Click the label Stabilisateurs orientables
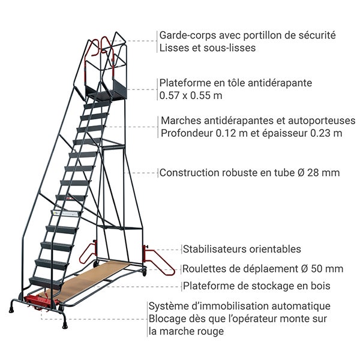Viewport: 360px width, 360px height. [x=242, y=249]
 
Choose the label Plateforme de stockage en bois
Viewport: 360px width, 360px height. [x=257, y=286]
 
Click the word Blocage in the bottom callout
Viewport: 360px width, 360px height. [x=167, y=319]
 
